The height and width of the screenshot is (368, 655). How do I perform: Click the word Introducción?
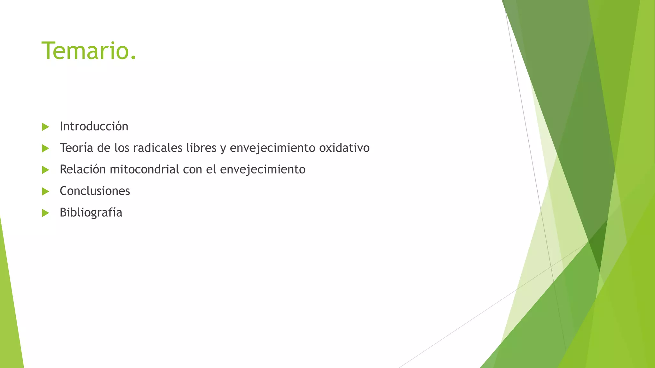(x=94, y=126)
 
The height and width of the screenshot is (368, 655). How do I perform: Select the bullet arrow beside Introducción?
(x=45, y=127)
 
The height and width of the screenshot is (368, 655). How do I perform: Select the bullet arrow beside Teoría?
(x=45, y=148)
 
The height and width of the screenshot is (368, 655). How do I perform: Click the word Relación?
(x=83, y=169)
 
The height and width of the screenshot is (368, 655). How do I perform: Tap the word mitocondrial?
(x=144, y=169)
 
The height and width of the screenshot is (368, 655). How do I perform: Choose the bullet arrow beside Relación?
(x=45, y=170)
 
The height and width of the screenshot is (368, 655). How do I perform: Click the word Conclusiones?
(x=95, y=191)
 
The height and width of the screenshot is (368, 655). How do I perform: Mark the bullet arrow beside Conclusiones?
(x=45, y=192)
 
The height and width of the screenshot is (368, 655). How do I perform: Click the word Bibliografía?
(x=91, y=212)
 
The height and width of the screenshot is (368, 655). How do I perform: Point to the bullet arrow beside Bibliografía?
(x=45, y=213)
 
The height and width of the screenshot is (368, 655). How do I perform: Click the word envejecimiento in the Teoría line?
(x=272, y=148)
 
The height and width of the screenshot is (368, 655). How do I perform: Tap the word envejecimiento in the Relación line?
(x=263, y=169)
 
